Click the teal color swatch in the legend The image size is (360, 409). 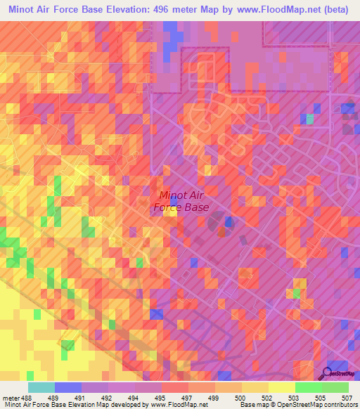coord(41,387)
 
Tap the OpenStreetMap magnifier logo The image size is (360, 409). coord(328,373)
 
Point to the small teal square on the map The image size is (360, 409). coord(310,119)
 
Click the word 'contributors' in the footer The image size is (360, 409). coord(336,404)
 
